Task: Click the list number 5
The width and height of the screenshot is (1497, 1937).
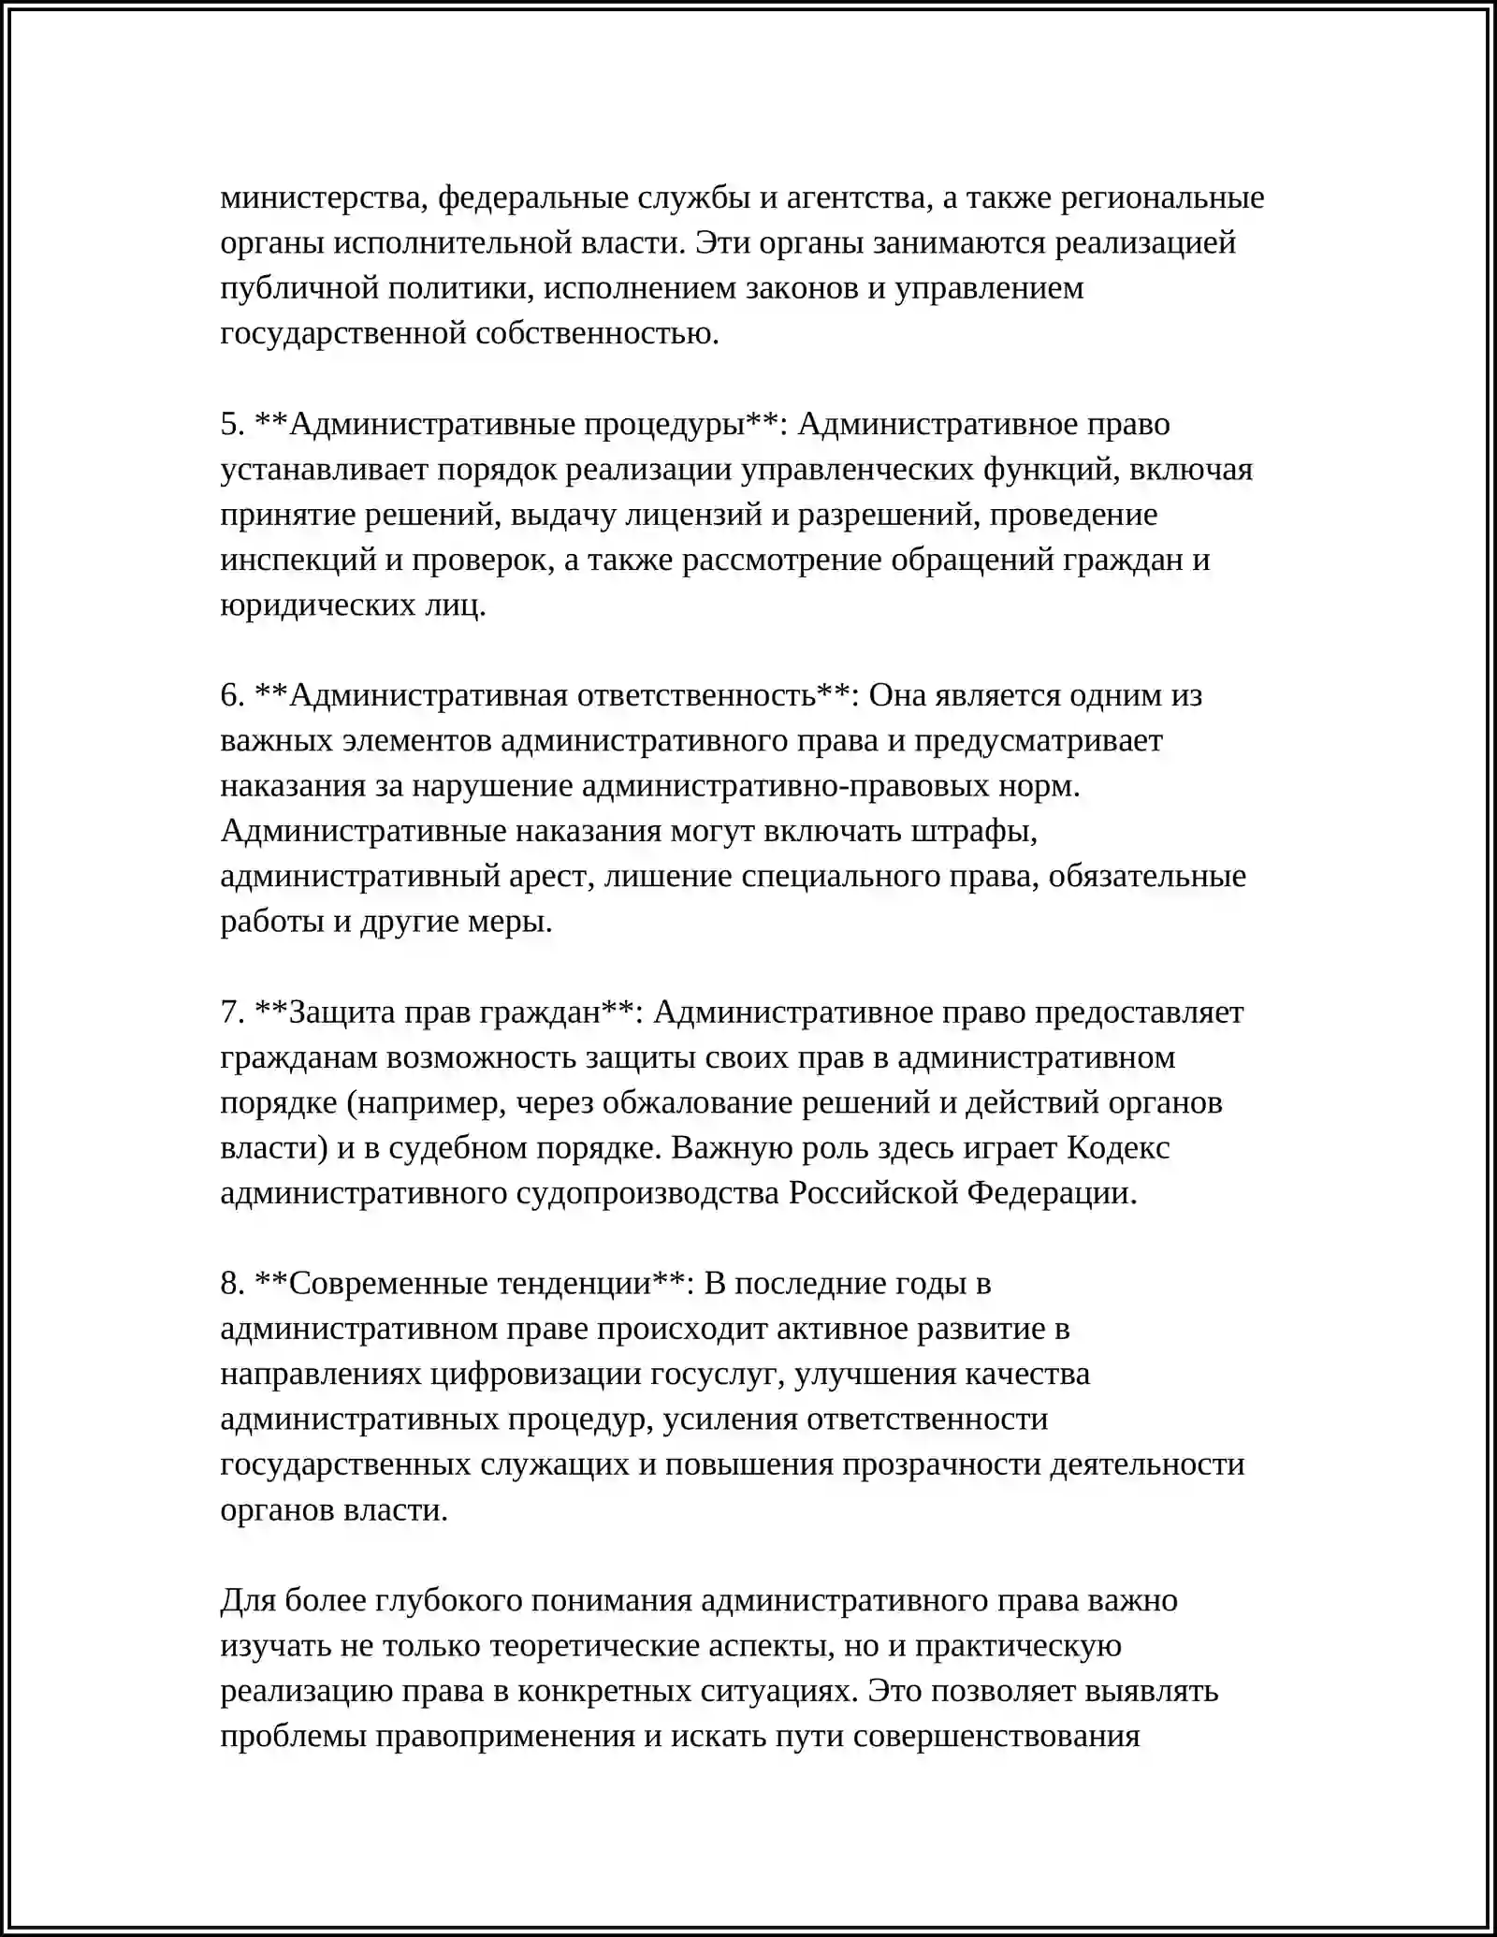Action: point(232,424)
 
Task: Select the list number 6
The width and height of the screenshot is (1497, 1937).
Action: point(232,695)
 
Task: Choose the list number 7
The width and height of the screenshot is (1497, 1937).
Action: point(232,1012)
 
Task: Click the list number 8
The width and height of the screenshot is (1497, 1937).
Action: point(232,1283)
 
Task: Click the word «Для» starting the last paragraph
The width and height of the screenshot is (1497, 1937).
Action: point(247,1600)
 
